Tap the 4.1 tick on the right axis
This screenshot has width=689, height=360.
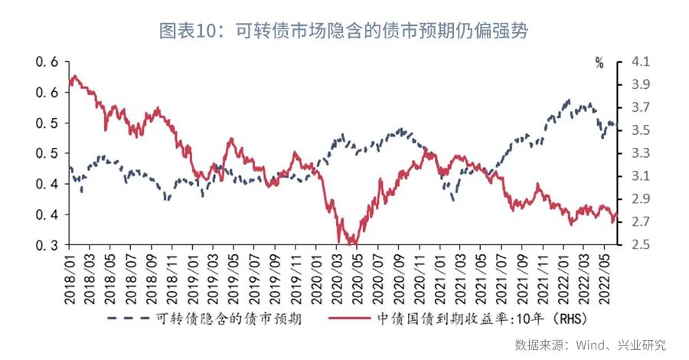642,61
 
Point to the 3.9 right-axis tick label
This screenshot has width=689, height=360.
642,84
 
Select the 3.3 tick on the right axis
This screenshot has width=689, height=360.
642,153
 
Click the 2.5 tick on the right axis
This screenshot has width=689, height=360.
642,245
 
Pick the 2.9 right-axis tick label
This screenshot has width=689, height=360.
642,199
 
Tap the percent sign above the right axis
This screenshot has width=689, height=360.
599,63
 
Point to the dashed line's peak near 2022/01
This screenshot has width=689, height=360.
568,100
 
